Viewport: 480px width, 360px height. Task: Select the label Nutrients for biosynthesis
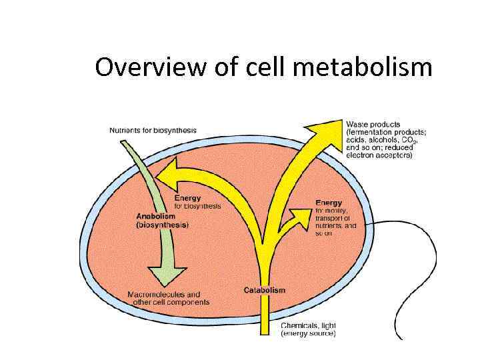pyautogui.click(x=153, y=130)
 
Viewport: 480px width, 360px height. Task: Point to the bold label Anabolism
pyautogui.click(x=156, y=217)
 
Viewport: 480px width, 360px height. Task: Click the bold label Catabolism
pyautogui.click(x=265, y=290)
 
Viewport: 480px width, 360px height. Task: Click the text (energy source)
pyautogui.click(x=308, y=333)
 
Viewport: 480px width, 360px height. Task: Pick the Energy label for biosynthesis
pyautogui.click(x=187, y=198)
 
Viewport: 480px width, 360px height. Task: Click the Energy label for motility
pyautogui.click(x=329, y=203)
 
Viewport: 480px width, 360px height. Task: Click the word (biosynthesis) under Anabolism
pyautogui.click(x=163, y=225)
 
